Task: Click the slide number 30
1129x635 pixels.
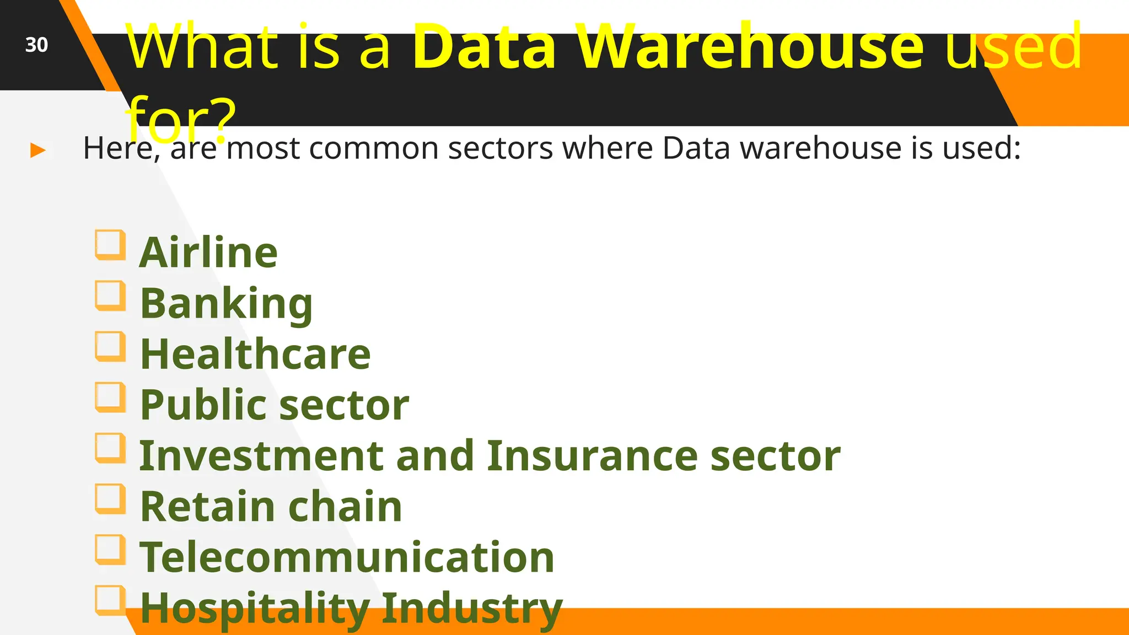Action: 36,45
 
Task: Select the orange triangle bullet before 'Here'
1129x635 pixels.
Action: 37,150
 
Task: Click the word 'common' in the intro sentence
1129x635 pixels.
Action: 373,148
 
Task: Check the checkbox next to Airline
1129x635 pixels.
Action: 110,244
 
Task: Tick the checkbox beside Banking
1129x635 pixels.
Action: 110,295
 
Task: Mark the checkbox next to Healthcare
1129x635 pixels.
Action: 110,346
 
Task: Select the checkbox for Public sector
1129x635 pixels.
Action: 110,397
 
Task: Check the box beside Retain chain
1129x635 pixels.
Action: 110,498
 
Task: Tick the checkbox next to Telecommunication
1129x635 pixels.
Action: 110,549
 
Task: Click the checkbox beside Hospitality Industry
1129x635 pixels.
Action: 110,600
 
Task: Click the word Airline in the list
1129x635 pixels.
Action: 208,252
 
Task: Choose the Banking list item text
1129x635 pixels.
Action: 226,304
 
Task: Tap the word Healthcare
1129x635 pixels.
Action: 255,354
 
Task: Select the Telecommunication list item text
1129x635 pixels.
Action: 347,557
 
